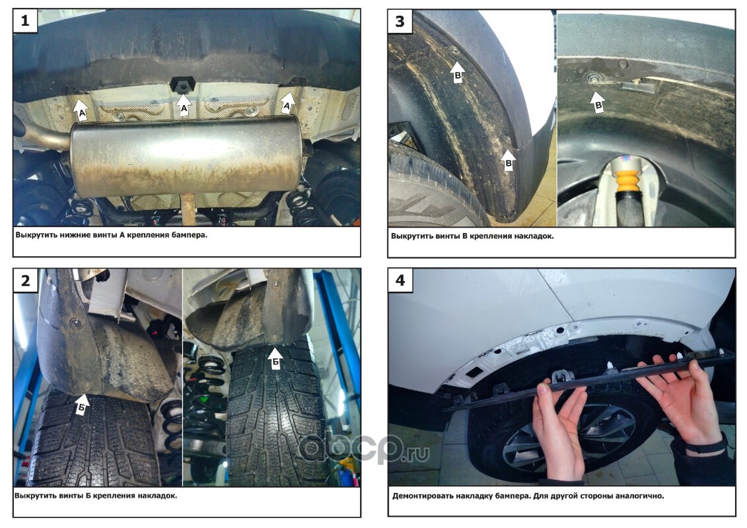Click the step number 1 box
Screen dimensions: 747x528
[25, 21]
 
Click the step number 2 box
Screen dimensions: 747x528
[25, 280]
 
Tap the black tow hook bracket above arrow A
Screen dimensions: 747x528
[182, 86]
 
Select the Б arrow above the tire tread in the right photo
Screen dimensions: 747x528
[275, 359]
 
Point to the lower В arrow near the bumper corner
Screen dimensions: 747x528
[509, 160]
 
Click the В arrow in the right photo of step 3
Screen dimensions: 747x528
[598, 102]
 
